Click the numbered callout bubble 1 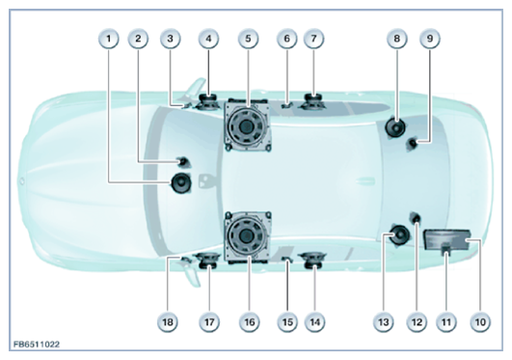pos(109,39)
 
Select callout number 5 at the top pos(248,39)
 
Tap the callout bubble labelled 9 pos(430,39)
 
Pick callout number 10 pos(480,322)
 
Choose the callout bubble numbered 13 pos(384,322)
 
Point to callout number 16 pos(249,322)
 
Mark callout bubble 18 pos(168,322)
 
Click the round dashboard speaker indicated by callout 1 pos(181,183)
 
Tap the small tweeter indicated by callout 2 pos(183,161)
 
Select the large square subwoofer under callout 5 pos(248,125)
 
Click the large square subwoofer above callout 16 pos(248,237)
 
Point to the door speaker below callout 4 pos(208,101)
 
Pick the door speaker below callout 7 pos(312,101)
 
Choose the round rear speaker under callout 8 pos(395,127)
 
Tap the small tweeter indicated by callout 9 pos(413,144)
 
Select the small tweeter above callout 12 pos(415,217)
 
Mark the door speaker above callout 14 pos(312,260)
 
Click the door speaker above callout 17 pos(208,261)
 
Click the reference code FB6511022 pos(37,345)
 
